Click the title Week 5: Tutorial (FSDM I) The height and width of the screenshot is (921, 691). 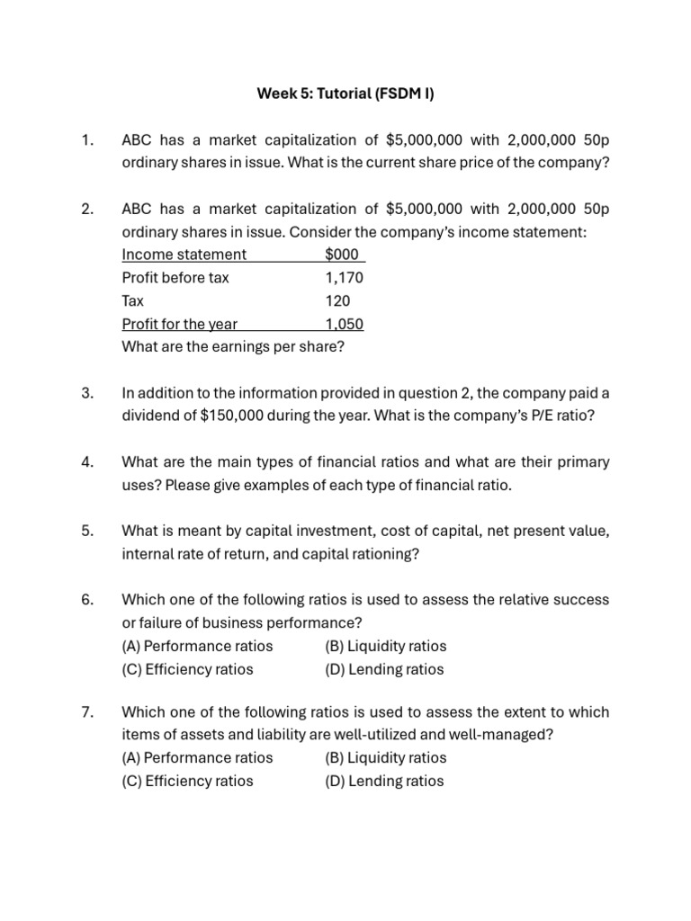click(x=345, y=93)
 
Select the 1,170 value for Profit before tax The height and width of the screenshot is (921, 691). click(x=345, y=278)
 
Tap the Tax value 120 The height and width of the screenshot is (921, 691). click(x=338, y=301)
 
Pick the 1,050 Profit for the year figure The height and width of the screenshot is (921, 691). click(x=345, y=325)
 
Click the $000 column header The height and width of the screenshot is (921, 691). click(x=343, y=255)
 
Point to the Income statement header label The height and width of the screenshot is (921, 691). click(x=184, y=255)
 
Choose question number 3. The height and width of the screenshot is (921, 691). click(x=87, y=393)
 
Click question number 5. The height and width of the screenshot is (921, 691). click(x=87, y=532)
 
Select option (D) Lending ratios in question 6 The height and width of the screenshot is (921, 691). click(x=384, y=669)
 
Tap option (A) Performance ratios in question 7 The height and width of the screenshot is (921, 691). click(x=197, y=757)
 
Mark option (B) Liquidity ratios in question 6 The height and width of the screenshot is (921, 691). click(x=385, y=646)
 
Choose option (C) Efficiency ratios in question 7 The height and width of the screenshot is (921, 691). click(x=187, y=781)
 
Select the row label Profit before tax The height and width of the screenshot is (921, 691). click(x=175, y=278)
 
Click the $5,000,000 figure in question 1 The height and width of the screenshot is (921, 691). click(x=424, y=139)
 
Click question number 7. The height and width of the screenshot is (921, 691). click(x=87, y=711)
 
